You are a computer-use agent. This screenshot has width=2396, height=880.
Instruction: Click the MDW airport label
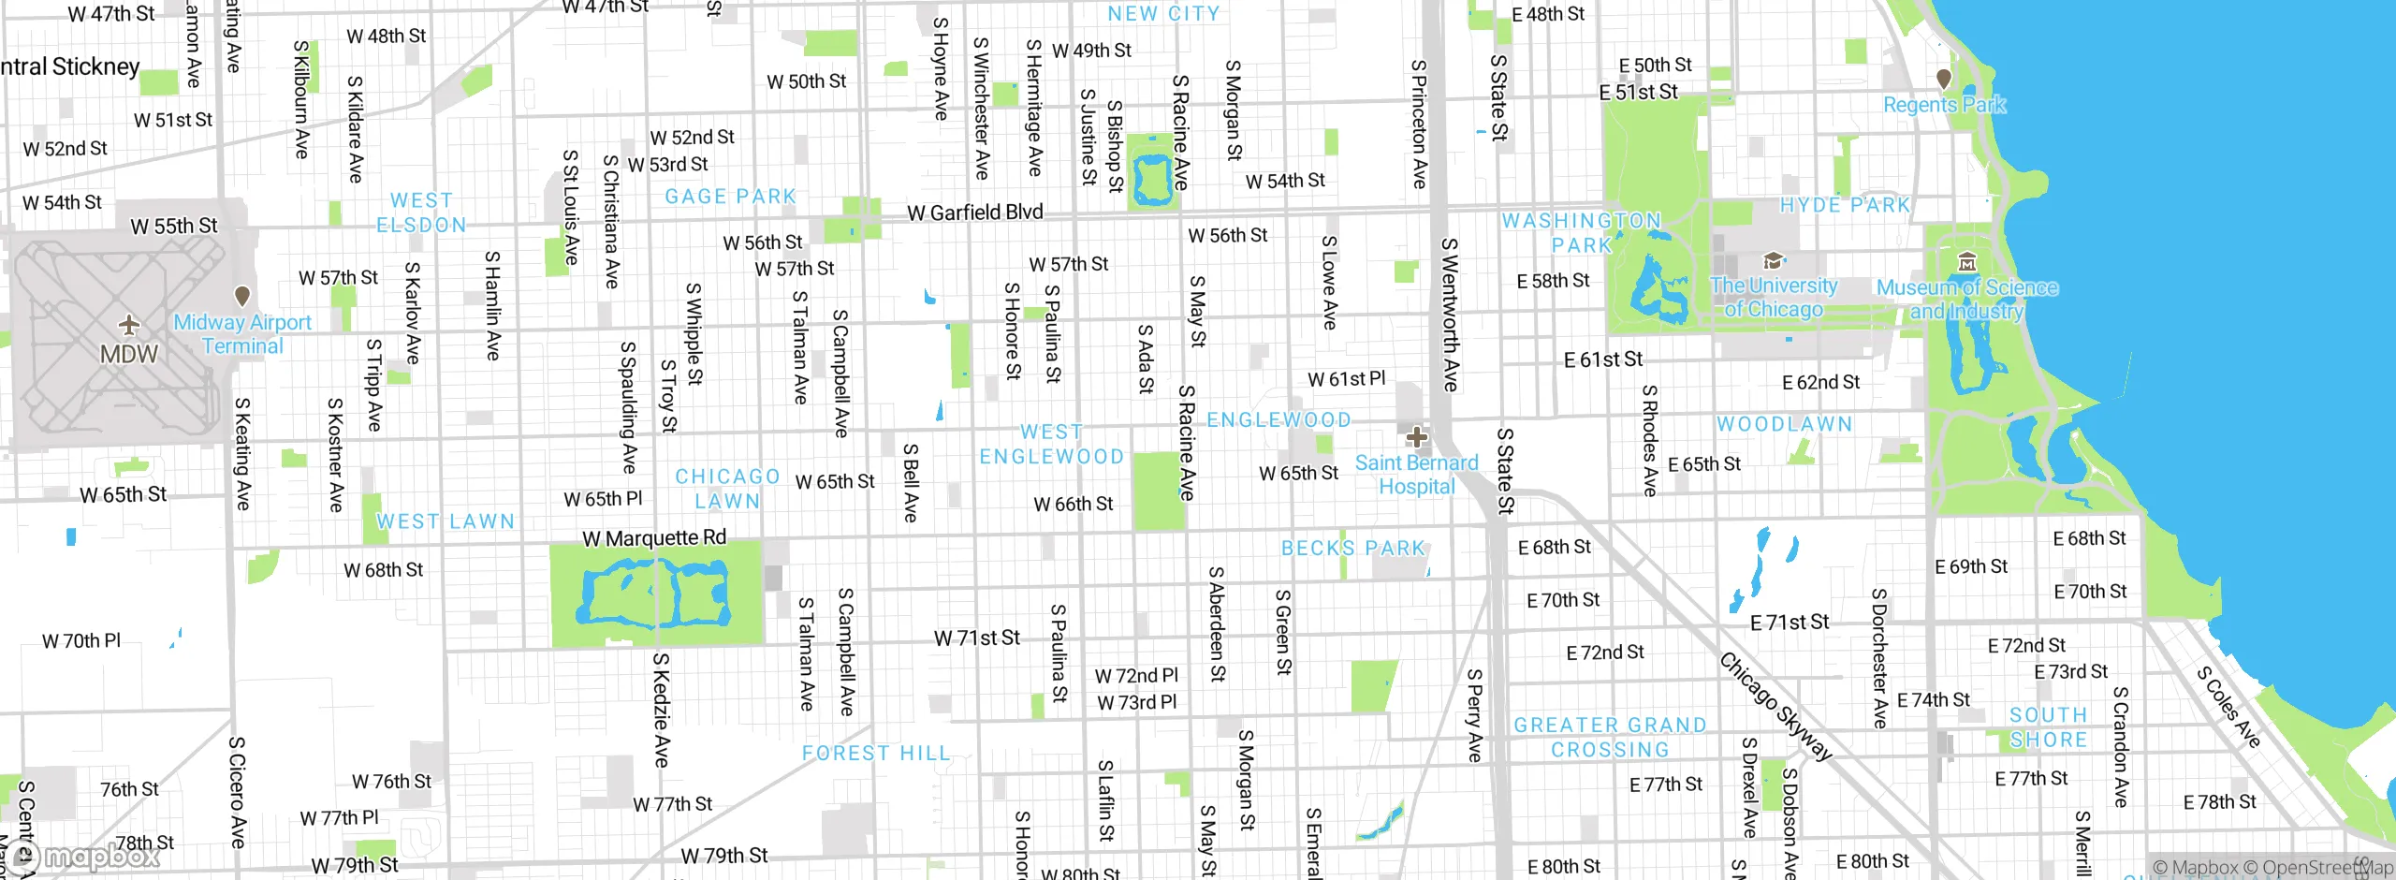[x=129, y=355]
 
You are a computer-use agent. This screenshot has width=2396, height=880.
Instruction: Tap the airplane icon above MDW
[x=129, y=325]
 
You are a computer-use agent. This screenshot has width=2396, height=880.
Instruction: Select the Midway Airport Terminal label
[x=242, y=334]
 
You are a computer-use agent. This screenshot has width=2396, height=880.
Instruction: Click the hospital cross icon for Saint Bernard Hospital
[x=1416, y=436]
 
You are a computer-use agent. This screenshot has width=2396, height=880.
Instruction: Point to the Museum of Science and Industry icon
[x=1967, y=261]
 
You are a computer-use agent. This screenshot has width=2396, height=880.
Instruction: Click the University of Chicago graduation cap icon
[x=1772, y=260]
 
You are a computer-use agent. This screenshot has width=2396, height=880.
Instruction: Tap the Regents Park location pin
[x=1944, y=79]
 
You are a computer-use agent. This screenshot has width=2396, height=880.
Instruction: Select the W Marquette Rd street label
[x=654, y=538]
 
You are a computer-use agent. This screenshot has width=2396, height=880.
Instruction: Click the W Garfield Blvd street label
[x=974, y=213]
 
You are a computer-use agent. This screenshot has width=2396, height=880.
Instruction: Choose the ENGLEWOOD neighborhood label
[x=1278, y=420]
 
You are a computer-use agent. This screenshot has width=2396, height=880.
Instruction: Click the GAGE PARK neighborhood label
[x=730, y=197]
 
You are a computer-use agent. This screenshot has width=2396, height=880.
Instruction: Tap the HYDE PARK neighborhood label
[x=1844, y=205]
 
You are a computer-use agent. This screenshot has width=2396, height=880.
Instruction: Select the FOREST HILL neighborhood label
[x=875, y=754]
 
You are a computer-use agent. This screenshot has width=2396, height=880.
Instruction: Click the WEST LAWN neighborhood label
[x=446, y=521]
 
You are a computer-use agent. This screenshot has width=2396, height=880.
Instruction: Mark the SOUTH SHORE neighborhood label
[x=2048, y=727]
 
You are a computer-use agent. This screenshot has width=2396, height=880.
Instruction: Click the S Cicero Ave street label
[x=238, y=792]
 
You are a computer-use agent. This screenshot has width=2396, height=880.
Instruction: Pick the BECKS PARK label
[x=1352, y=548]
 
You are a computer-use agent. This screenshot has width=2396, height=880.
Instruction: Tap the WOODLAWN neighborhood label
[x=1784, y=424]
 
